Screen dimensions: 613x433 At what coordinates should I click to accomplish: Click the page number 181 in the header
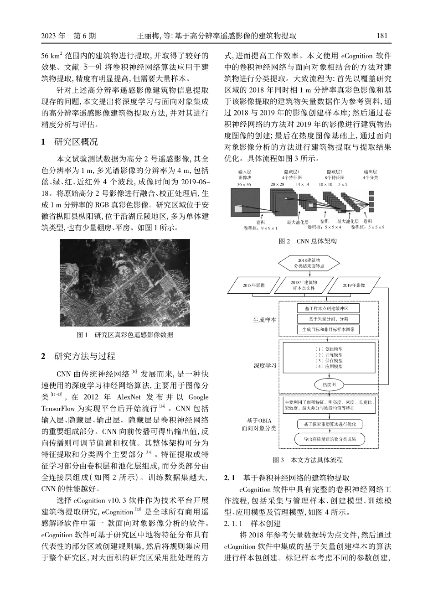(x=382, y=36)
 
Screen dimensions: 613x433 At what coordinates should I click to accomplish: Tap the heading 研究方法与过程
(x=84, y=356)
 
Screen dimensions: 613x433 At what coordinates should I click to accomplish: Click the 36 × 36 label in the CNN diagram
(x=244, y=184)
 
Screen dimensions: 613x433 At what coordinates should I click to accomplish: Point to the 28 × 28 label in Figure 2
(x=277, y=184)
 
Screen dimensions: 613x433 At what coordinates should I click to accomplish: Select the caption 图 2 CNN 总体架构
(x=308, y=241)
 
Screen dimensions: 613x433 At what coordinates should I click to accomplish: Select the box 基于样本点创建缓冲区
(x=328, y=308)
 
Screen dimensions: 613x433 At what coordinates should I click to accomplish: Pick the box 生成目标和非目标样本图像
(x=328, y=329)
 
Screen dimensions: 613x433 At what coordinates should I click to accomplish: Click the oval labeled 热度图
(x=329, y=385)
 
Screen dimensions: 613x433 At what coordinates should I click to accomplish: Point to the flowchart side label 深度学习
(x=265, y=365)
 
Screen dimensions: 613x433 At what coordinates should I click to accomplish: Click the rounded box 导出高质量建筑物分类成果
(x=329, y=439)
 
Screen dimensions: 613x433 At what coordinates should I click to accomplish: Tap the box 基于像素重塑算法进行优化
(x=329, y=424)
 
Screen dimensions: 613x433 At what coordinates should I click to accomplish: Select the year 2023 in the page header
(x=48, y=36)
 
